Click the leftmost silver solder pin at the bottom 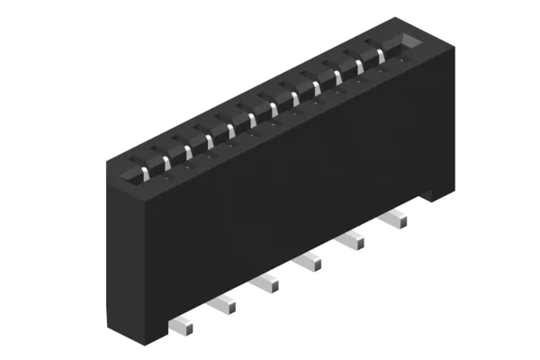[182, 322]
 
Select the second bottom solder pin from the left [224, 305]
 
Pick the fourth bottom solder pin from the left [310, 262]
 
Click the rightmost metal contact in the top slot [381, 56]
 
